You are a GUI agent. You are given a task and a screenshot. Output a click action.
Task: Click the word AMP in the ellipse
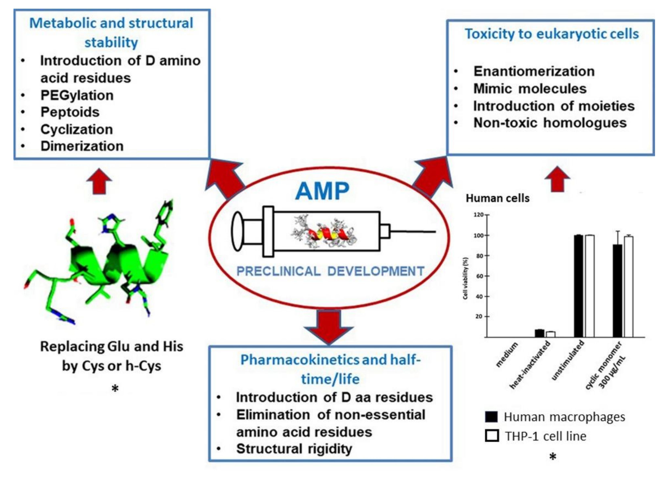click(x=322, y=191)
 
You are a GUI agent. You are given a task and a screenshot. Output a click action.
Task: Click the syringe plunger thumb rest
click(x=237, y=231)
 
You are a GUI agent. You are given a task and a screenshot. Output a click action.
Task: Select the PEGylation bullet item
click(x=77, y=95)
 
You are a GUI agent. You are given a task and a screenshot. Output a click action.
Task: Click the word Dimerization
click(x=82, y=146)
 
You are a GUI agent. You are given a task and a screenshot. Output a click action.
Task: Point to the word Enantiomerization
click(x=534, y=71)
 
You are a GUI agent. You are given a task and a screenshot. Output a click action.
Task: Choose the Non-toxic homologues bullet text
click(x=550, y=123)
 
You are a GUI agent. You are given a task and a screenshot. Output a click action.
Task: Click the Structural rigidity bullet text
click(x=294, y=449)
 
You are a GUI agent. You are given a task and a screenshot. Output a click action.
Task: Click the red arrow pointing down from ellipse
click(x=329, y=326)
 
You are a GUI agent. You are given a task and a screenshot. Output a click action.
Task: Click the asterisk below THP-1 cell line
click(x=553, y=457)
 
